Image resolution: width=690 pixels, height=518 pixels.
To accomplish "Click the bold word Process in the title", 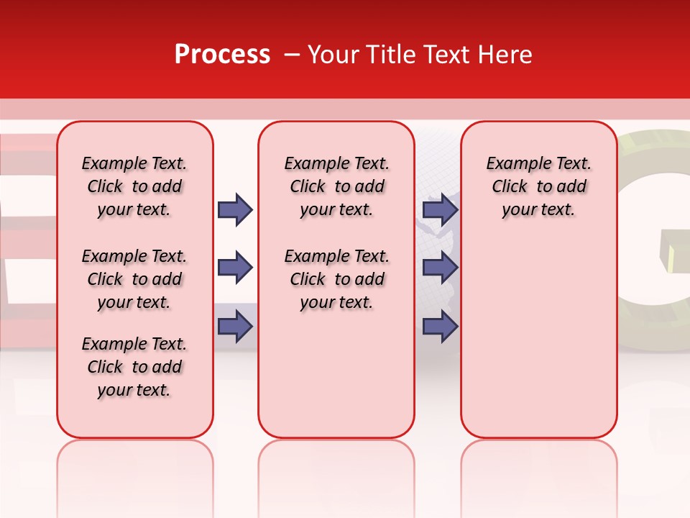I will coord(221,55).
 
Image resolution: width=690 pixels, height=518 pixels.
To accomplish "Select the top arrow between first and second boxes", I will coord(235,210).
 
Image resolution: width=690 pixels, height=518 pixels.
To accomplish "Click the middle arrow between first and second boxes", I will coord(235,268).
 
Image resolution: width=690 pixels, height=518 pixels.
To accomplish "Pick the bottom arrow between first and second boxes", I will coord(235,327).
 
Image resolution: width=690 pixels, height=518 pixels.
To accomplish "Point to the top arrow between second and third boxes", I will coord(440,210).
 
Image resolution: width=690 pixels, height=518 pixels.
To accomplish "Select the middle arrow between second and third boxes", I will coord(440,268).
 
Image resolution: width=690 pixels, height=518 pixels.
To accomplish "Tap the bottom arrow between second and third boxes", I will coord(440,327).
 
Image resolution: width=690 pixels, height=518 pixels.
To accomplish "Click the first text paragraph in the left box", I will coord(134,186).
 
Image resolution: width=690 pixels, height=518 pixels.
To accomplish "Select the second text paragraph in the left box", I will coord(134,279).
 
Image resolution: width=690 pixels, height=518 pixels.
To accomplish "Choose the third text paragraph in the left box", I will coord(134,367).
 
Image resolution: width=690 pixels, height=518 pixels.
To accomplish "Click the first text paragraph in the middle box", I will coord(336,186).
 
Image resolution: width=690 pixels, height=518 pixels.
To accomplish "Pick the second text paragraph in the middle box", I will coord(336,279).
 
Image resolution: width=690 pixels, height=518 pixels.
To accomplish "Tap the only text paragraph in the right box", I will coord(538,186).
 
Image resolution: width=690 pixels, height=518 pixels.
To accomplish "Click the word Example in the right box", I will coord(514,164).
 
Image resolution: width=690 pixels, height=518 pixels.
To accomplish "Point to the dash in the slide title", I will coord(292,55).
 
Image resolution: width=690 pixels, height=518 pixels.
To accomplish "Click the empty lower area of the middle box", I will coord(336,374).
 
